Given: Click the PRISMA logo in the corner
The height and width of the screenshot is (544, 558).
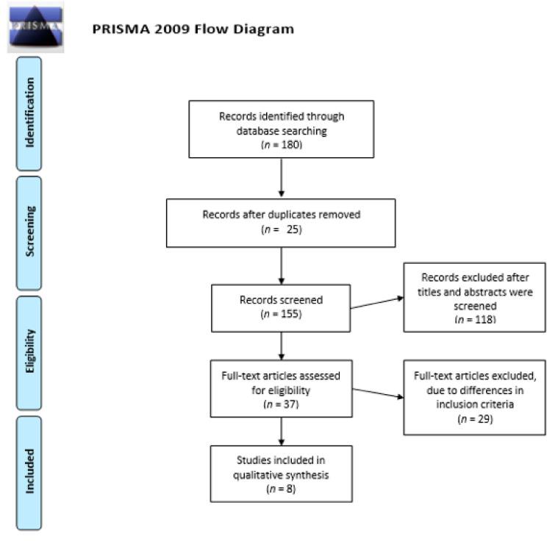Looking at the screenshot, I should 35,26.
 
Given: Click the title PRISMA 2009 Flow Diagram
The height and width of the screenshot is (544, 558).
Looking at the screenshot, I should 193,29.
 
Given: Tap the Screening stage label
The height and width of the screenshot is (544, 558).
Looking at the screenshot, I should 30,232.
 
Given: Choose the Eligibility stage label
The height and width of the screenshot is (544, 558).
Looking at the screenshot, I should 30,352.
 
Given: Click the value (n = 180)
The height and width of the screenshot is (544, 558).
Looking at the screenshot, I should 281,144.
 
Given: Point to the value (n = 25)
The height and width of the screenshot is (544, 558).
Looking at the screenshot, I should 281,229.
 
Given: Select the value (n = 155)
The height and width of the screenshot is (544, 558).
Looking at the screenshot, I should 281,315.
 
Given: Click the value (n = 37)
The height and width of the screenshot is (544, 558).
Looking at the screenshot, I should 281,404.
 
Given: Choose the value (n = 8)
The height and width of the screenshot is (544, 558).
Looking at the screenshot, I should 281,488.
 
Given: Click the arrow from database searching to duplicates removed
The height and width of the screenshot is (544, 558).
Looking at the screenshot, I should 281,178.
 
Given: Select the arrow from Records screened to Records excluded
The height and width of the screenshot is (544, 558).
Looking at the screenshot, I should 376,303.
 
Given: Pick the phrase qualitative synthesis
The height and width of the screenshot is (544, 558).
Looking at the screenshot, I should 281,475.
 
